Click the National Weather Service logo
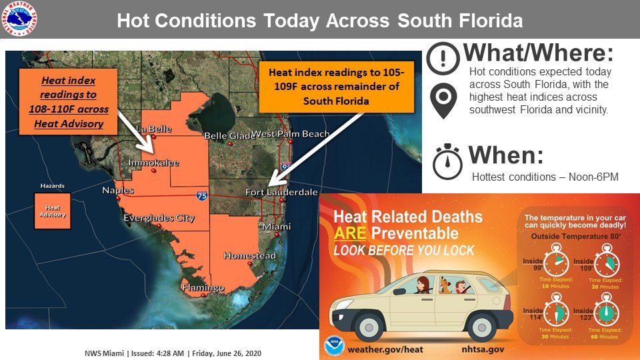pos(19,19)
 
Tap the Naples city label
pos(117,191)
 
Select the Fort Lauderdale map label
pos(281,192)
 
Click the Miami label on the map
pos(276,227)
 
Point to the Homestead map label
pos(249,255)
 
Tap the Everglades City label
pos(159,218)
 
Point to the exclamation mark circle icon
pos(443,59)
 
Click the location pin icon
pos(442,100)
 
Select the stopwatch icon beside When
pos(447,162)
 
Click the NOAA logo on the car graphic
pos(335,346)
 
